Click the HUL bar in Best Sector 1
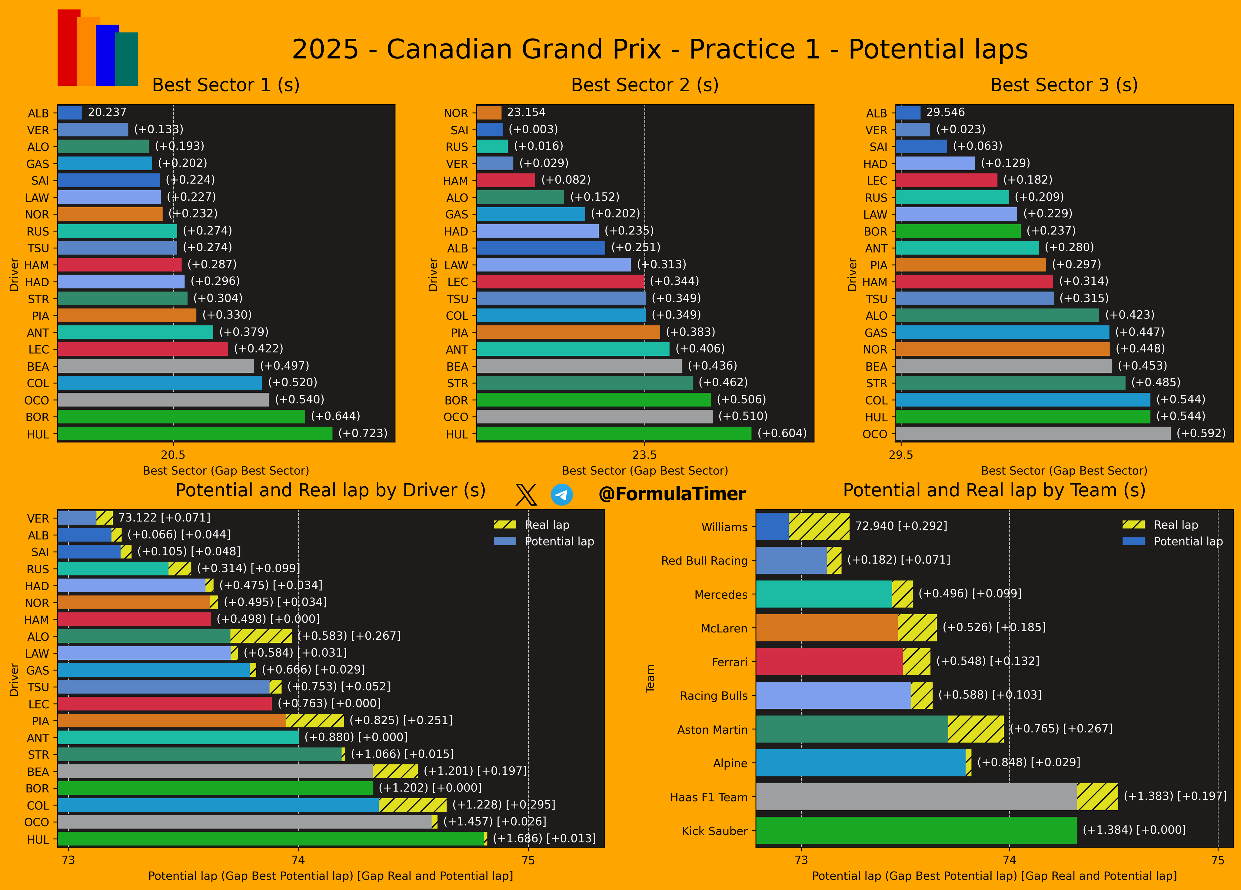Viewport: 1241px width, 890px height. (195, 434)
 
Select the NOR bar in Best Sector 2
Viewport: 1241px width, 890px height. (489, 113)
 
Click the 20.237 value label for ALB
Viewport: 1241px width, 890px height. (107, 112)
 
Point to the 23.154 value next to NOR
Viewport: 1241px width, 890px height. (526, 112)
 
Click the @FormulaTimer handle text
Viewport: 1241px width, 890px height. (672, 494)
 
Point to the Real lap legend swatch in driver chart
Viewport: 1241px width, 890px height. (504, 524)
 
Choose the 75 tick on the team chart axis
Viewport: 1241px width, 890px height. (1217, 860)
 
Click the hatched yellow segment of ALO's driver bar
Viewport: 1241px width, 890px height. (261, 636)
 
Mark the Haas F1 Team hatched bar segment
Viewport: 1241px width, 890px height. (1097, 796)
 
